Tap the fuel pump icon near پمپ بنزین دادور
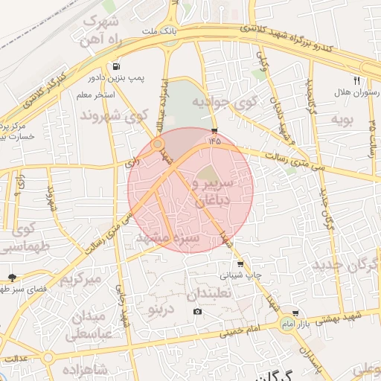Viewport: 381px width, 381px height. click(116, 65)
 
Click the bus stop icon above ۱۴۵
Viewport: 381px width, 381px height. click(215, 127)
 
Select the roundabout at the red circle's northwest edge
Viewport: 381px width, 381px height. click(158, 143)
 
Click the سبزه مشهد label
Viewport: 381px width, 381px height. click(169, 238)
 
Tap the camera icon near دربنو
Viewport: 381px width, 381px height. click(197, 310)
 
